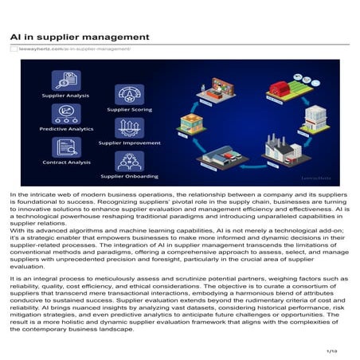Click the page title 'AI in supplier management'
80,37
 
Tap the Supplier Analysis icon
66,80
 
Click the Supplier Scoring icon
129,94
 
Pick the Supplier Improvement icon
129,127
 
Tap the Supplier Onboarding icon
129,161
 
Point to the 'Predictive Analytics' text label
66,128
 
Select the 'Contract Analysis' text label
66,162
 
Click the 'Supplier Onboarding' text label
129,176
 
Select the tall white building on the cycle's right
314,116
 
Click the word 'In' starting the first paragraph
14,194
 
